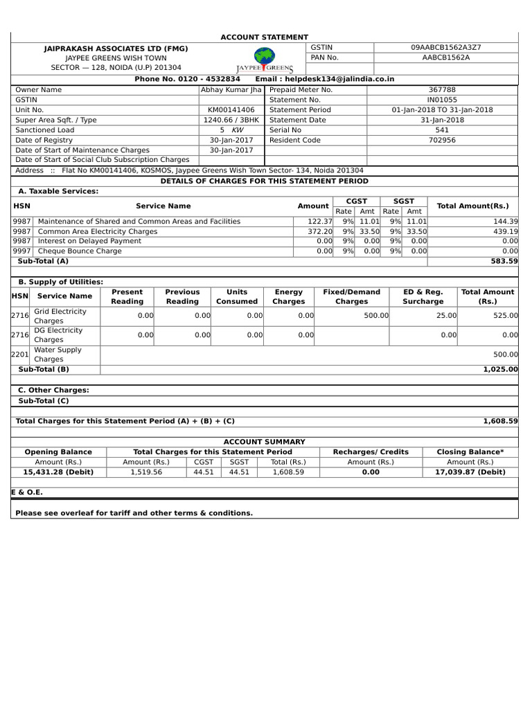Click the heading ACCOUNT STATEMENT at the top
pos(264,37)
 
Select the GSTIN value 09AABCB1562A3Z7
pos(445,47)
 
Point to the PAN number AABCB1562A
pos(445,57)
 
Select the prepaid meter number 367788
pos(442,89)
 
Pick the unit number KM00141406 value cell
pos(231,109)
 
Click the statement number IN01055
pos(442,100)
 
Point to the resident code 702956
pos(442,140)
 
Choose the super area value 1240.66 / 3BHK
pos(231,120)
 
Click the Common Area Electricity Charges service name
pos(98,231)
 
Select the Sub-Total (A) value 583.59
pos(504,261)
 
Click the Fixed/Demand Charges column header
pos(352,296)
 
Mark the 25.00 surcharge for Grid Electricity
pos(447,315)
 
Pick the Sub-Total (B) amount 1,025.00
pos(500,369)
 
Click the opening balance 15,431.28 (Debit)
pos(58,472)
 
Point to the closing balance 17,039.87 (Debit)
pos(470,472)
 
